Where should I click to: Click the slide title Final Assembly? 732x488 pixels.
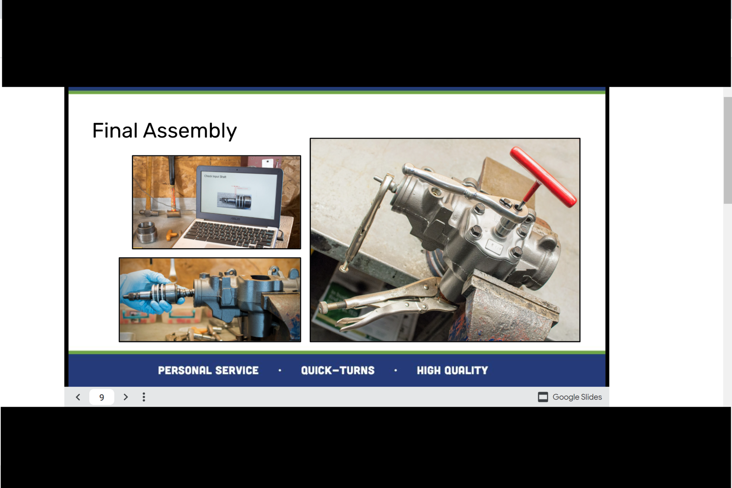pos(164,131)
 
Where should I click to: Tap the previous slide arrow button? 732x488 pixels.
pos(78,397)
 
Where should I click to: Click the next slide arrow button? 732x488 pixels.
pos(126,397)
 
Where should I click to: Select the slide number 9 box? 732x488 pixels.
pos(102,397)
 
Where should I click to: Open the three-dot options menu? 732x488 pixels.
pos(144,397)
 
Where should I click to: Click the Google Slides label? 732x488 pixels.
pos(576,397)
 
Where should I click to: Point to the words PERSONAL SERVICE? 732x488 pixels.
pos(208,370)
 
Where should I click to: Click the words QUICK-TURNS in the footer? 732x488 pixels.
pos(337,370)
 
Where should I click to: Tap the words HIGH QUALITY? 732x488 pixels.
pos(452,370)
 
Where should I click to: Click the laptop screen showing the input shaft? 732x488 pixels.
pos(240,196)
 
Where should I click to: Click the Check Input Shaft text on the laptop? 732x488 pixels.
pos(215,176)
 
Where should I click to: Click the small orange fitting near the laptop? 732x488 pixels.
pos(172,234)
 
